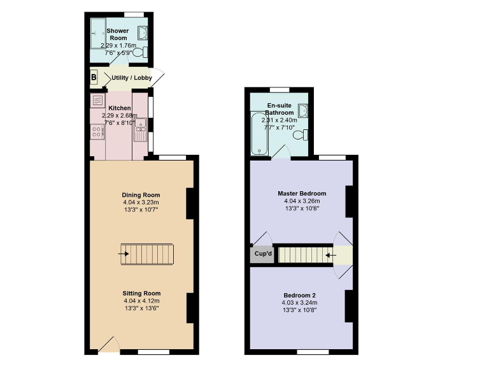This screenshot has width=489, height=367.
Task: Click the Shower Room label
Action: pos(118,34)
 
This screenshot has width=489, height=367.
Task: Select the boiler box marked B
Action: pos(94,78)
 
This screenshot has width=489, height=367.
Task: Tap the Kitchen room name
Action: pos(120,108)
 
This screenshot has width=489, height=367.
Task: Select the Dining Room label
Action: pos(141,195)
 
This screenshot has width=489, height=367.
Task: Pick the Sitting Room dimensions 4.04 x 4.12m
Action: pos(141,301)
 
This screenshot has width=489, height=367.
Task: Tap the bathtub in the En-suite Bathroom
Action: pos(259,134)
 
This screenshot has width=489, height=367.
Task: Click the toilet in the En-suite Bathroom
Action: pos(304,134)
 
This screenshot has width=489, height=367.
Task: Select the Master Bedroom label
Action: pos(302,194)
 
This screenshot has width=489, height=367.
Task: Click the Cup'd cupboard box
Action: pos(263,254)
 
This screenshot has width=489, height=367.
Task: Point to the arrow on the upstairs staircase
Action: pos(330,255)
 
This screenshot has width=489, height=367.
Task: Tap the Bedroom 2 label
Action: pos(299,295)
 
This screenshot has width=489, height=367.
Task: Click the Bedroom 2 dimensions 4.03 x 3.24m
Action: pos(299,303)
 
